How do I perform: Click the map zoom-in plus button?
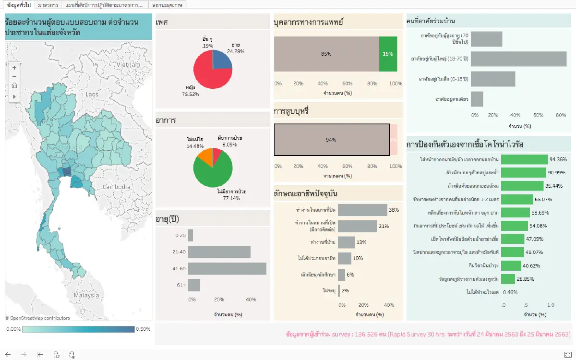(x=14, y=68)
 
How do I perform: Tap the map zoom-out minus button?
(x=14, y=76)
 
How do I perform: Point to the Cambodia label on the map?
(x=116, y=187)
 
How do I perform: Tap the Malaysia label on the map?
(x=86, y=296)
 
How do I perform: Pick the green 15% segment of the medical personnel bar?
(x=388, y=54)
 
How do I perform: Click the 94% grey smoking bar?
(x=332, y=140)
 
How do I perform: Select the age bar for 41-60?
(x=227, y=269)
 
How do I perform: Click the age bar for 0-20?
(x=191, y=235)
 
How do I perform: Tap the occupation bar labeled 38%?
(x=362, y=210)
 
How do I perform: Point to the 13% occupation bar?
(x=346, y=242)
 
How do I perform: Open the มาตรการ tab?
(x=48, y=5)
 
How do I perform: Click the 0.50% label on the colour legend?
(x=144, y=329)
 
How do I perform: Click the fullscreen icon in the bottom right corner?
(x=567, y=354)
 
